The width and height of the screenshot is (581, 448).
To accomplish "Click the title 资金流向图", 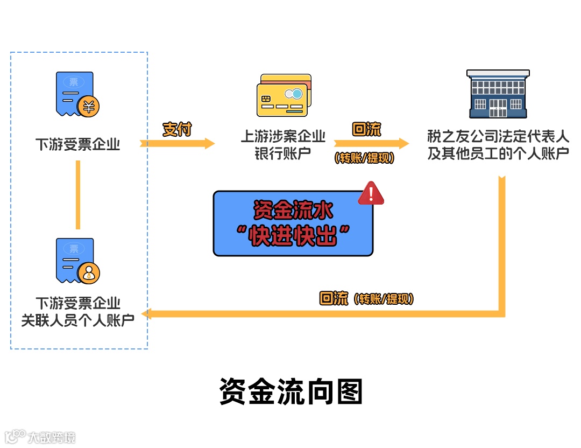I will pyautogui.click(x=291, y=391).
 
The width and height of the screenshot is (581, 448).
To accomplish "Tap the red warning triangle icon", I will pyautogui.click(x=371, y=193).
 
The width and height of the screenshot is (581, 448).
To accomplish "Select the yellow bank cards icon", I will pyautogui.click(x=284, y=95).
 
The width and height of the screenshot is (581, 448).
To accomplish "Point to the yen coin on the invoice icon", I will pyautogui.click(x=88, y=106).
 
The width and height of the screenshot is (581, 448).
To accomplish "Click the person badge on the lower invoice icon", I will pyautogui.click(x=88, y=273).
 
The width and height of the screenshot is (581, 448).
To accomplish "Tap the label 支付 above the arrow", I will pyautogui.click(x=177, y=129).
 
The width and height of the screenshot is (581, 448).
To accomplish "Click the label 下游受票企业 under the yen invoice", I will pyautogui.click(x=78, y=144).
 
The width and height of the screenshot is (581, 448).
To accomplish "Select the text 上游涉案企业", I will pyautogui.click(x=284, y=136).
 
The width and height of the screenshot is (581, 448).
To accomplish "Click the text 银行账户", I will pyautogui.click(x=284, y=153).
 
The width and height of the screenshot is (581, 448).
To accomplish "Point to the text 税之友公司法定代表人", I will pyautogui.click(x=498, y=136).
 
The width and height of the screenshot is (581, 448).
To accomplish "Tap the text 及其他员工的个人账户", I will pyautogui.click(x=498, y=153).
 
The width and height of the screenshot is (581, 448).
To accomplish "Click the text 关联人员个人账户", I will pyautogui.click(x=78, y=320).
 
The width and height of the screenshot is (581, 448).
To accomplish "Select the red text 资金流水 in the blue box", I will pyautogui.click(x=293, y=211).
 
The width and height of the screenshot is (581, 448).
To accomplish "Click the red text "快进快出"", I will pyautogui.click(x=293, y=235).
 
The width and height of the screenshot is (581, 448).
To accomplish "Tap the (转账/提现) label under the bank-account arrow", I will pyautogui.click(x=364, y=158).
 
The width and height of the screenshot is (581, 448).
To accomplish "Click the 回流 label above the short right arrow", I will pyautogui.click(x=366, y=130).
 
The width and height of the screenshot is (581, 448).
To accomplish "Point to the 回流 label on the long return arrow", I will pyautogui.click(x=334, y=299).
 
